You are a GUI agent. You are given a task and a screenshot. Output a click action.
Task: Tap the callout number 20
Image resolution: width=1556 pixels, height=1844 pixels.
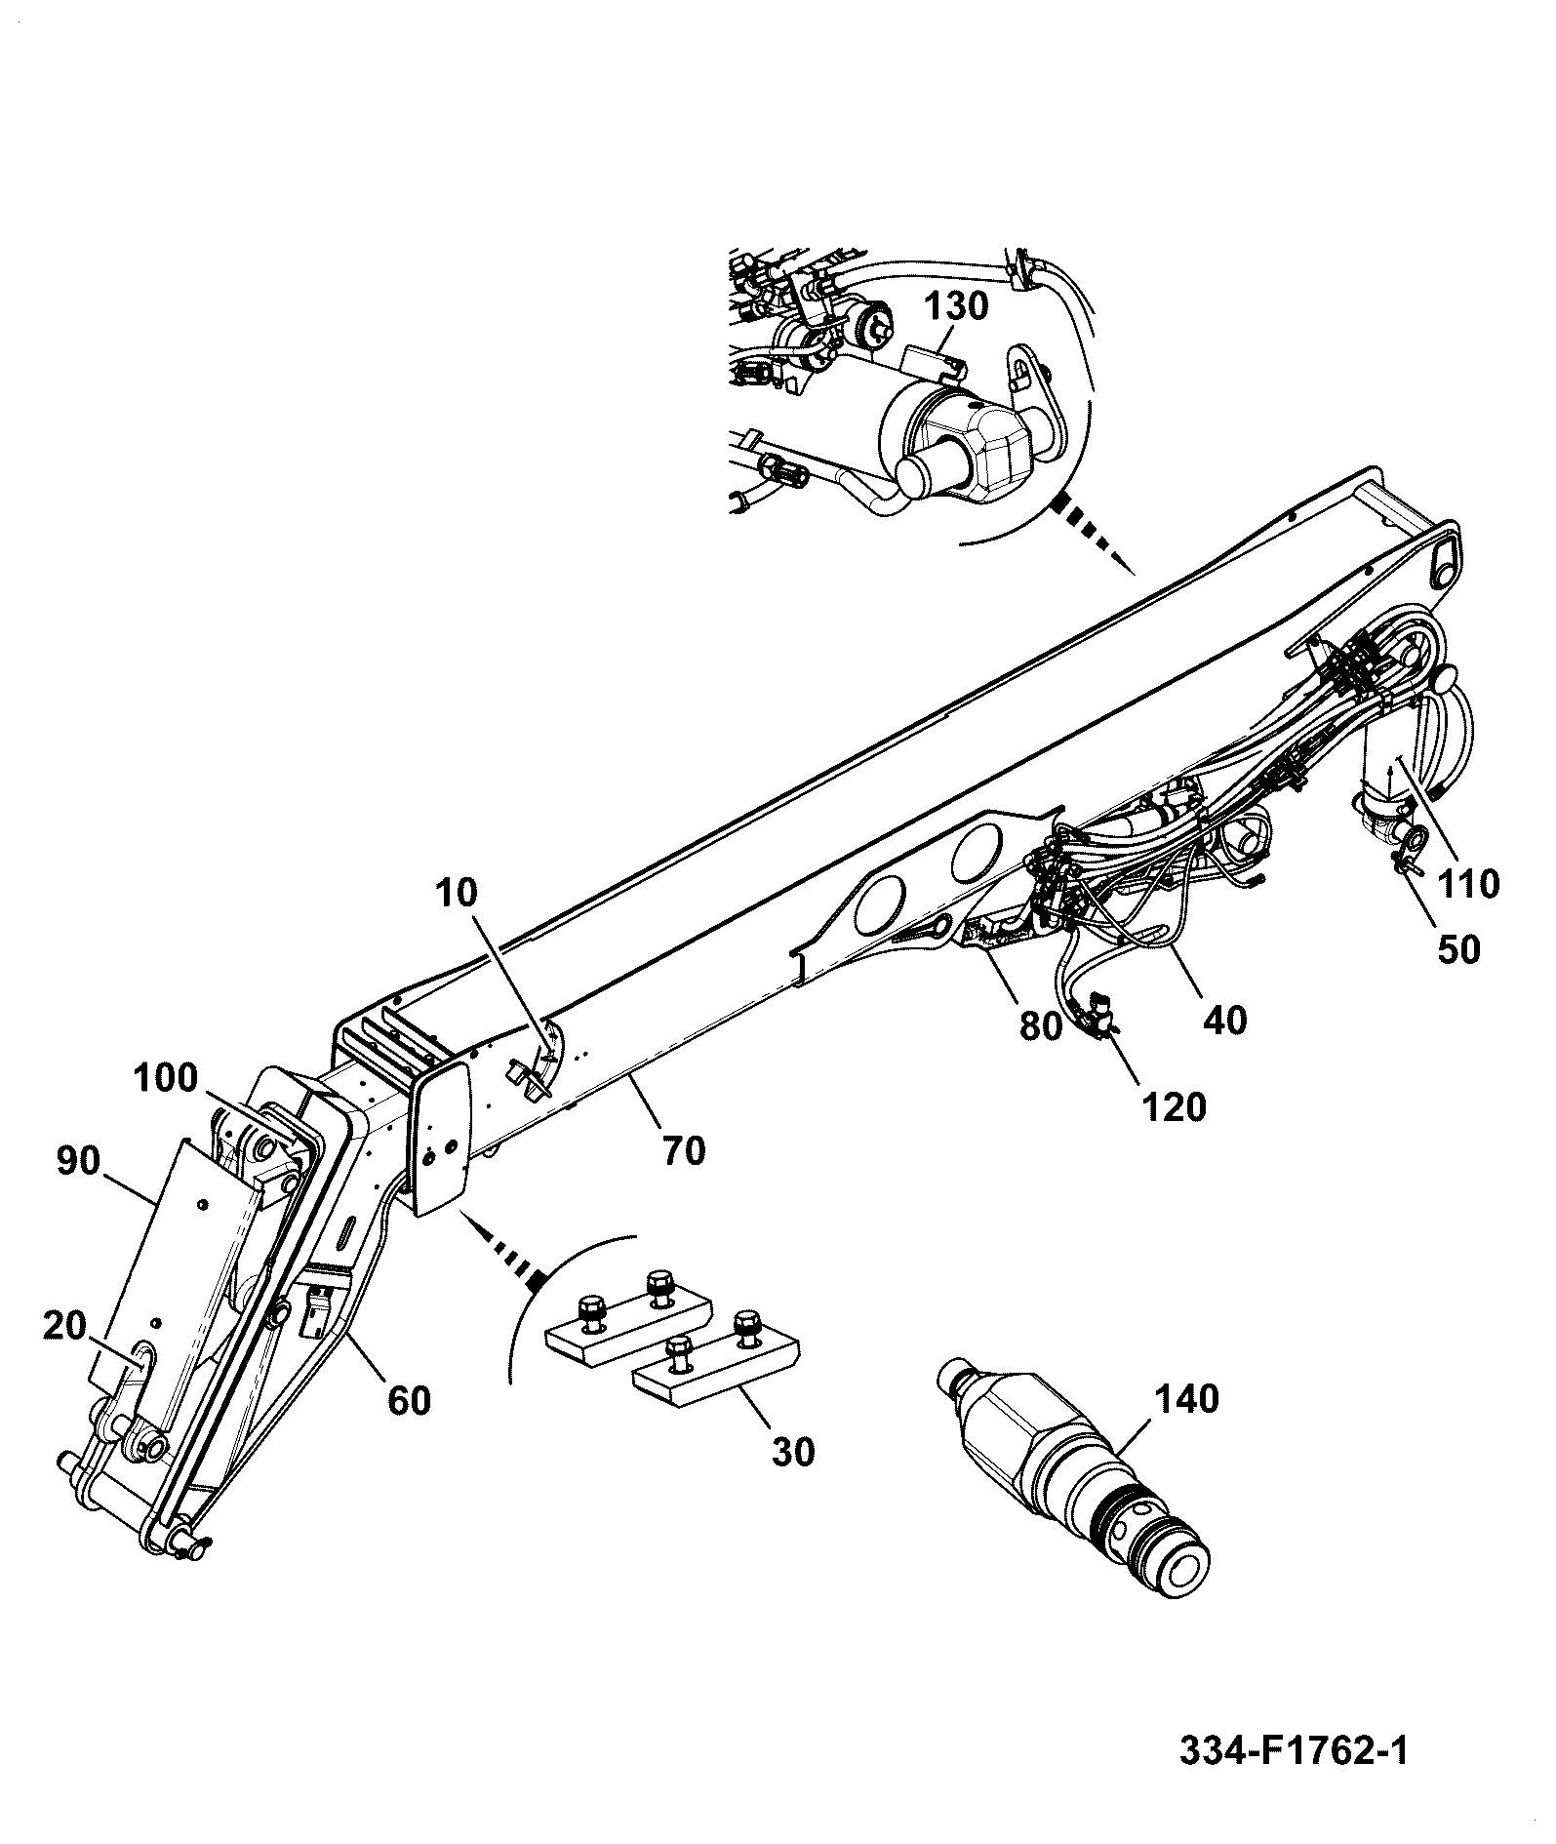pyautogui.click(x=67, y=1327)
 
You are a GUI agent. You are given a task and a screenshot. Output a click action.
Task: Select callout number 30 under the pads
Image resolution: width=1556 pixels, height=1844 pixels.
pyautogui.click(x=794, y=1452)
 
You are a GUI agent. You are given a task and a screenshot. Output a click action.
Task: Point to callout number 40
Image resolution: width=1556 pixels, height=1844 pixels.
pyautogui.click(x=1226, y=1021)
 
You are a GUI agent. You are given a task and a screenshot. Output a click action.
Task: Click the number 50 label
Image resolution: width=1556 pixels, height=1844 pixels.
pyautogui.click(x=1459, y=949)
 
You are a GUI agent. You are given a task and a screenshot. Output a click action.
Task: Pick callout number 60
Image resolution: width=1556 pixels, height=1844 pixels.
pyautogui.click(x=410, y=1400)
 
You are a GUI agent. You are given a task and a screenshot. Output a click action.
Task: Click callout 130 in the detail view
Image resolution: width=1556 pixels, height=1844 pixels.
pyautogui.click(x=956, y=307)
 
